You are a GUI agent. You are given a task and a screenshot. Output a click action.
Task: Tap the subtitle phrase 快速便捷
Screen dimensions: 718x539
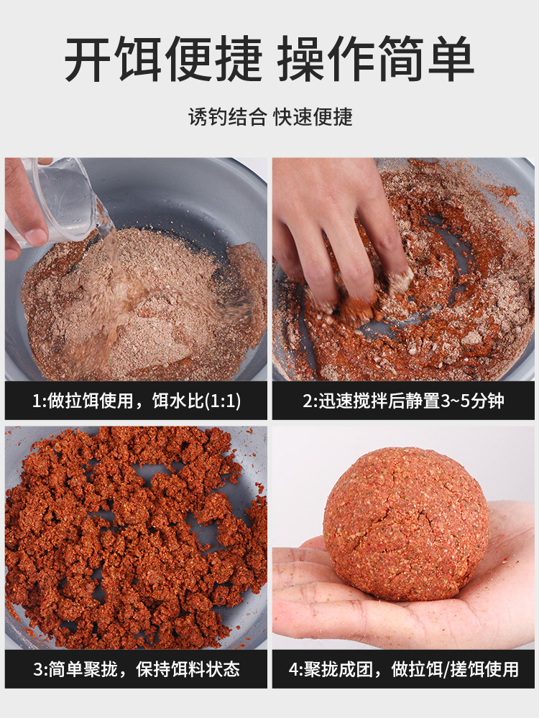[x=313, y=117]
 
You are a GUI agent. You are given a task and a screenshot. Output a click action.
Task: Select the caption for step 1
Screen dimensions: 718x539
[x=136, y=401]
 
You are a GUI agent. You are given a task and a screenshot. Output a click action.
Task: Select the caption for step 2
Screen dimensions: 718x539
[x=403, y=401]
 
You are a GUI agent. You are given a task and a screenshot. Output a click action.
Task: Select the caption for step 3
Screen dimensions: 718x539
[x=136, y=670]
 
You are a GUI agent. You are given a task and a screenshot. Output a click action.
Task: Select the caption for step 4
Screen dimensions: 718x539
[x=403, y=670]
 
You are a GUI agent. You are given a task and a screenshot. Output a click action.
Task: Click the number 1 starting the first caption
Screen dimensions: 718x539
[x=37, y=401]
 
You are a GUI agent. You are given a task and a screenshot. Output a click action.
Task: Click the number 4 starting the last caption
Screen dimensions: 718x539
[x=293, y=670]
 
